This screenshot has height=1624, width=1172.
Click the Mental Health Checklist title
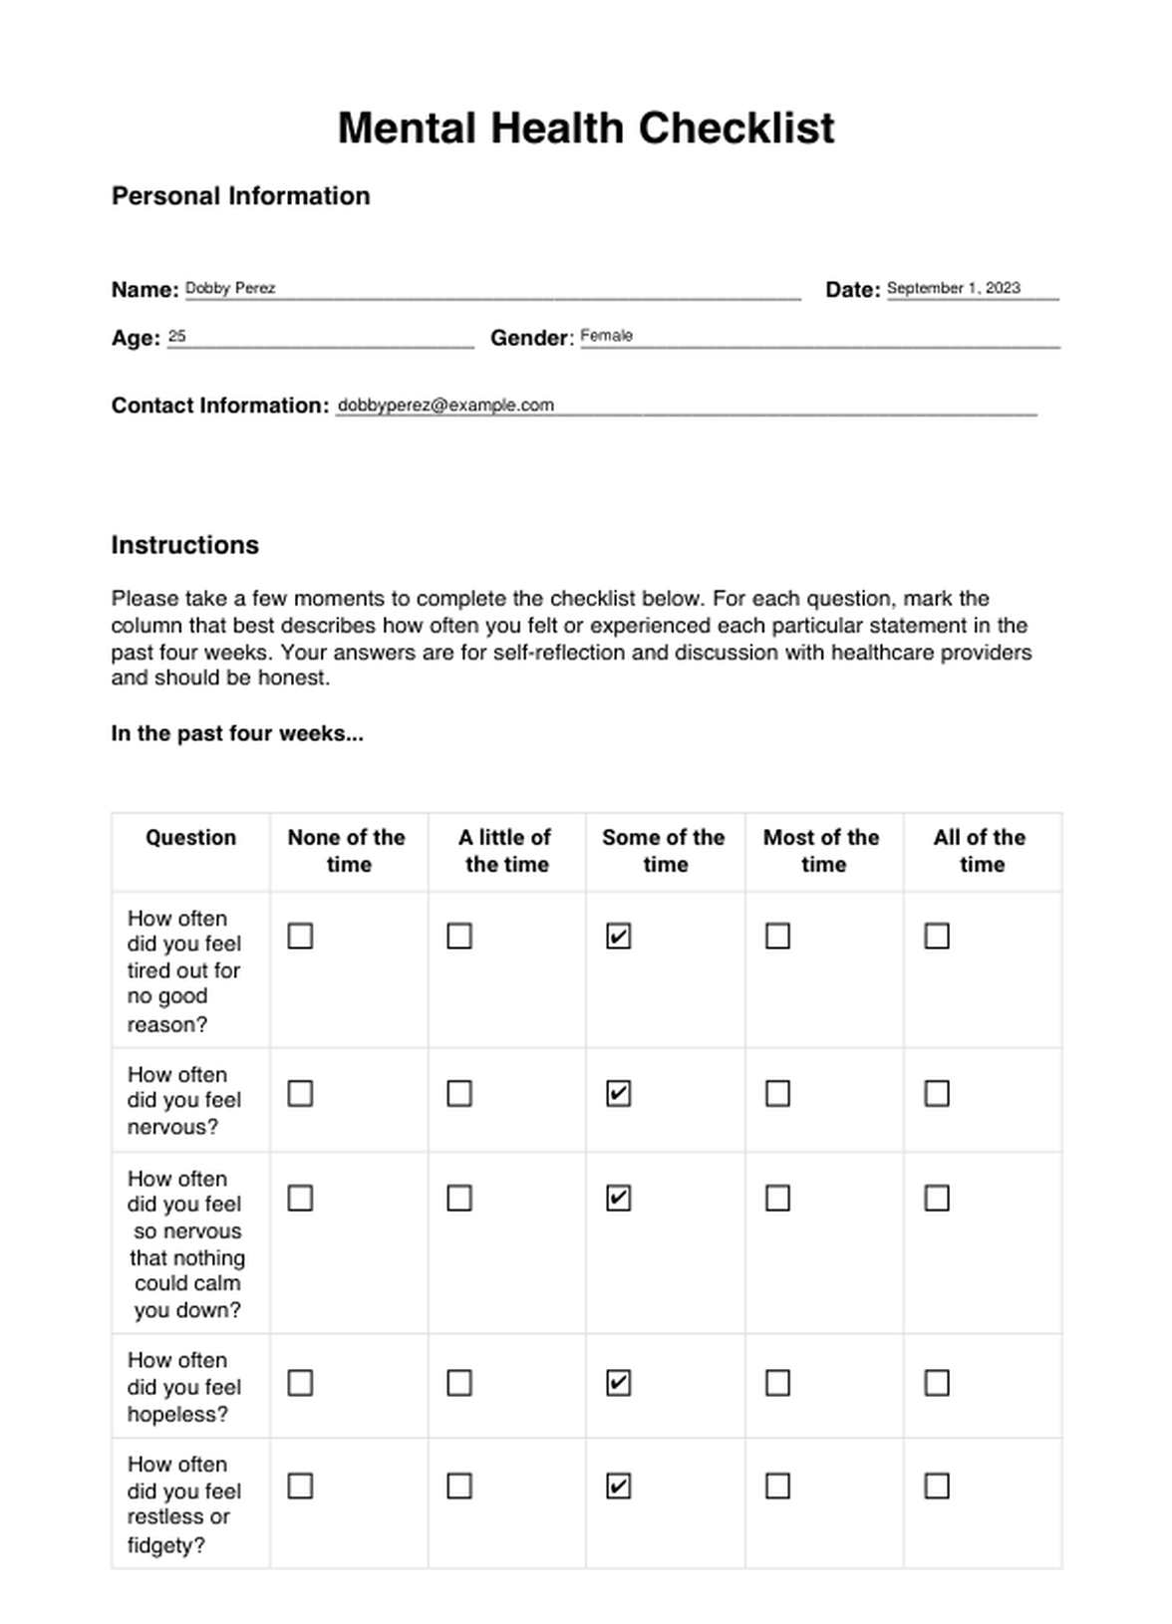(586, 129)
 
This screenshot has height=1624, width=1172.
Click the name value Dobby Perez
(230, 288)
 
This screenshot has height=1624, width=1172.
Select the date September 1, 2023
(953, 288)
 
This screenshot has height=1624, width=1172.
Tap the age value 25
(177, 336)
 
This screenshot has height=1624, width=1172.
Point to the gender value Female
(606, 336)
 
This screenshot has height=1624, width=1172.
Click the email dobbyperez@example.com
(445, 405)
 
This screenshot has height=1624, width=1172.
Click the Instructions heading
(184, 545)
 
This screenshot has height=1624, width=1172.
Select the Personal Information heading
(240, 195)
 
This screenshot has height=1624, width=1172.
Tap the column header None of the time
(347, 851)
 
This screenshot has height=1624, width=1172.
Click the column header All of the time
(981, 851)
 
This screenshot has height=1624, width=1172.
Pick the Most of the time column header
(822, 851)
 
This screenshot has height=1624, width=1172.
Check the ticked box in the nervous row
(618, 1094)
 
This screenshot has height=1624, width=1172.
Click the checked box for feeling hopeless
(618, 1383)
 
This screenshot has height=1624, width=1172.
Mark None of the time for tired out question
(300, 937)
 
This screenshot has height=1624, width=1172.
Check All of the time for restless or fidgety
(937, 1487)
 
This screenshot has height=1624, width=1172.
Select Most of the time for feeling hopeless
(777, 1383)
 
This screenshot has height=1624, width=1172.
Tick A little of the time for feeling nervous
(459, 1094)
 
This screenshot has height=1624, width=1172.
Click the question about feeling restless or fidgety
(183, 1504)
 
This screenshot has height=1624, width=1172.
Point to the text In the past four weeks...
(237, 733)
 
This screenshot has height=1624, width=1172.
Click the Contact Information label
(219, 406)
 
